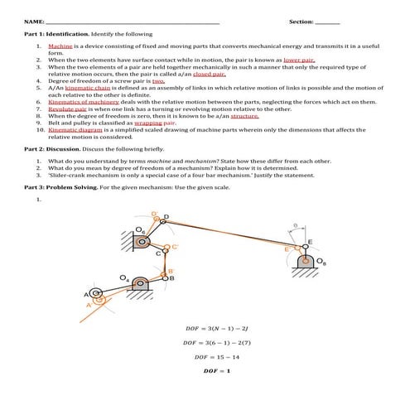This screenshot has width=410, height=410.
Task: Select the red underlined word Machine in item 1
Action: pyautogui.click(x=61, y=46)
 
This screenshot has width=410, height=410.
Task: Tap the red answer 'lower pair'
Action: pyautogui.click(x=299, y=60)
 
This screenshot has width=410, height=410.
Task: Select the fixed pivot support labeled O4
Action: pyautogui.click(x=143, y=286)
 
